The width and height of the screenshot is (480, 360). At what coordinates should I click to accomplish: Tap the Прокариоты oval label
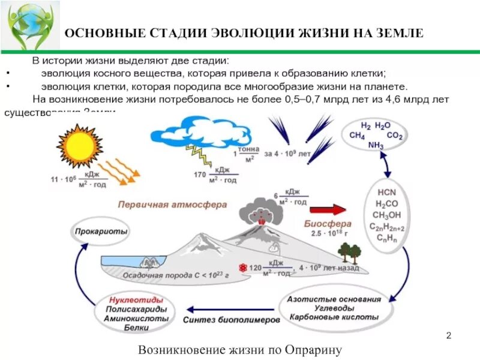pos(101,230)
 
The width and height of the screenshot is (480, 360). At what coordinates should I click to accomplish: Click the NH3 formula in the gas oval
pos(376,145)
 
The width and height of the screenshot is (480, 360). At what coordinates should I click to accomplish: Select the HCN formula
pos(387,193)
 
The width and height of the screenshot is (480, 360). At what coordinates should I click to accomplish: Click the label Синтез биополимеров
pos(232,320)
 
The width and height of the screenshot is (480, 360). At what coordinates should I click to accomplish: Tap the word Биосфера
pos(322,223)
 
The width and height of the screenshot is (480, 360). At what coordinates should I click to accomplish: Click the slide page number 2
pos(449,335)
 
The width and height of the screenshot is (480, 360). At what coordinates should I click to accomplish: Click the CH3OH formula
pos(387,215)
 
